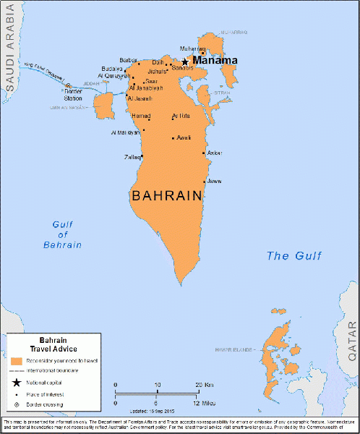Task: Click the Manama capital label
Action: (215, 61)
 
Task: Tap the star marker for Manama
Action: (185, 62)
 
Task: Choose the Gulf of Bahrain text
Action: (61, 234)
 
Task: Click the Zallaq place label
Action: (131, 156)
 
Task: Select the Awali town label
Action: (184, 137)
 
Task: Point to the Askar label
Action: (215, 153)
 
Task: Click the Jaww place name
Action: (215, 181)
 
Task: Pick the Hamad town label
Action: (141, 116)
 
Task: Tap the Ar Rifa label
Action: (181, 116)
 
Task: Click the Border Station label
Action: (73, 94)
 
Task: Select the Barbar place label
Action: (128, 61)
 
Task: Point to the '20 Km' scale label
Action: (202, 385)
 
